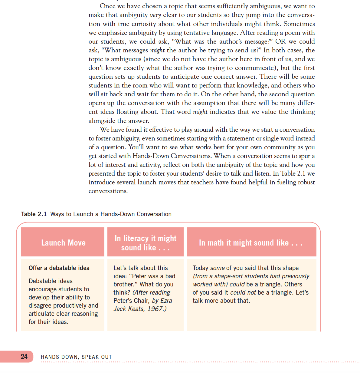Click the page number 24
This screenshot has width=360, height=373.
24,356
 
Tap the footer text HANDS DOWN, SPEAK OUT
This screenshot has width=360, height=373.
76,357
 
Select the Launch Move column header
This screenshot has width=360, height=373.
63,243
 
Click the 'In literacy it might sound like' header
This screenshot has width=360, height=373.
146,243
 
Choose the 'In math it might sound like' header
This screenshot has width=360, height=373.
251,243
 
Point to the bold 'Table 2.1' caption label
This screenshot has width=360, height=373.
34,214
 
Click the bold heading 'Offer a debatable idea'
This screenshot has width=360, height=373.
59,268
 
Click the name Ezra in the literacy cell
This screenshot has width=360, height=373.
166,301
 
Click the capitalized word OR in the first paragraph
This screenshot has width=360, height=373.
280,41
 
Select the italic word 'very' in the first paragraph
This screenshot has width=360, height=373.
155,15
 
